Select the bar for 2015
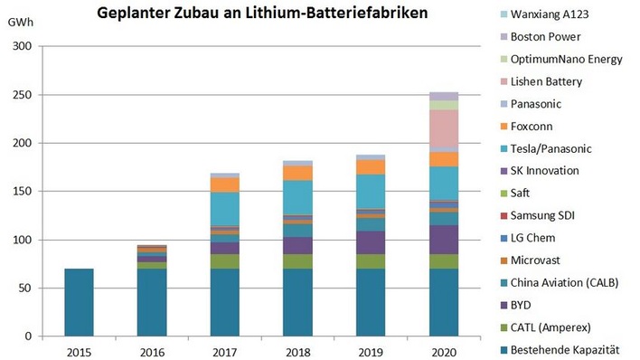point(79,302)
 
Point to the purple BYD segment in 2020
point(443,240)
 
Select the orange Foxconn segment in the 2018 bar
point(297,173)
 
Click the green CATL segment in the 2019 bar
point(371,261)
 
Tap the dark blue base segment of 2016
point(151,302)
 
